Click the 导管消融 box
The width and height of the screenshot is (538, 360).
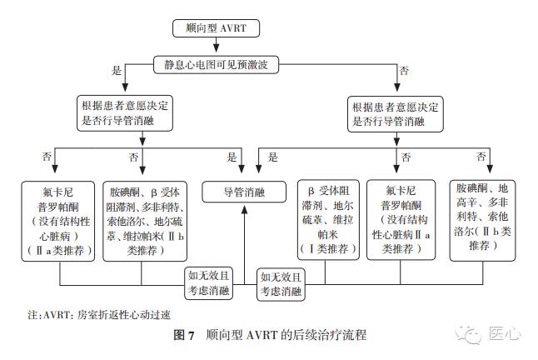tap(244, 192)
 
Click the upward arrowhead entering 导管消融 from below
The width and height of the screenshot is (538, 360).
tap(244, 207)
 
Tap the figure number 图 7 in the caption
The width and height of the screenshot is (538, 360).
tap(182, 337)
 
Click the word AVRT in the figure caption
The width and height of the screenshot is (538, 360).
tap(258, 337)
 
